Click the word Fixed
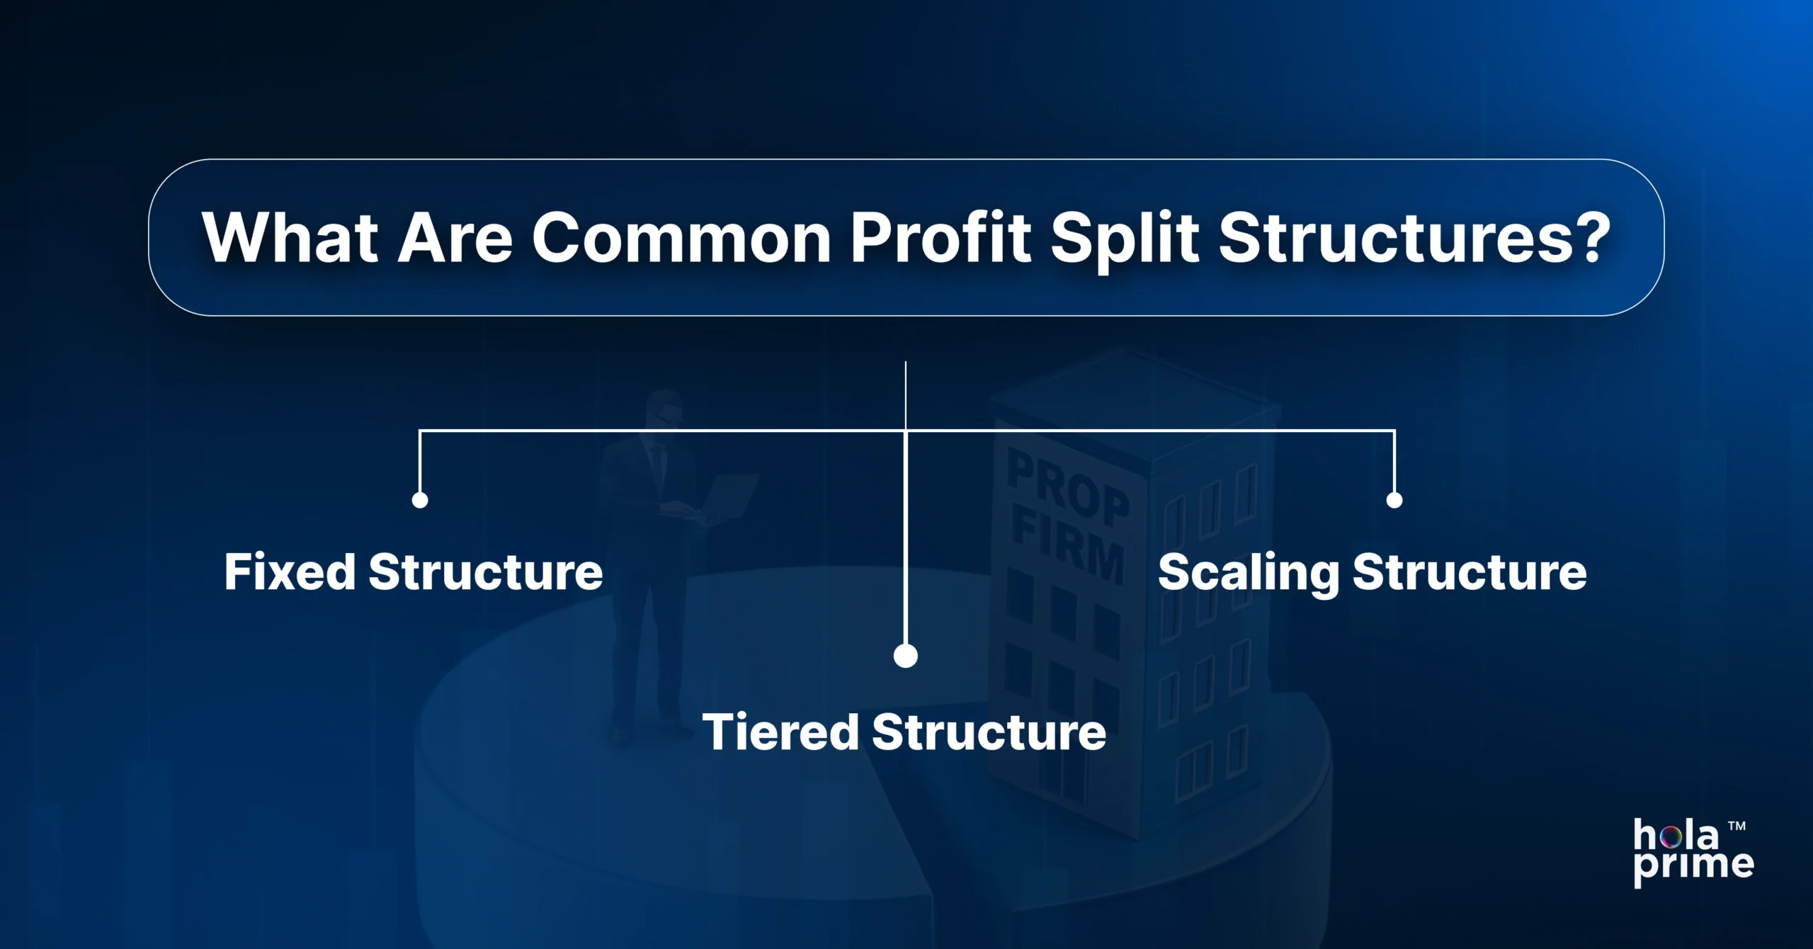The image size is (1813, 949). tap(290, 572)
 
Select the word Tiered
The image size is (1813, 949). tap(780, 732)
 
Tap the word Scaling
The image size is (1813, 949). tap(1248, 573)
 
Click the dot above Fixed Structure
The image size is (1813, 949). tap(420, 500)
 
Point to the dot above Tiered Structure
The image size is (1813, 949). tap(906, 656)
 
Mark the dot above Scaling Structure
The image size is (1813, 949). tap(1394, 500)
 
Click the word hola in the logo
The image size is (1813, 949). tap(1676, 836)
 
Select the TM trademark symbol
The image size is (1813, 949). tap(1737, 826)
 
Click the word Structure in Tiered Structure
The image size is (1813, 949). tap(989, 732)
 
